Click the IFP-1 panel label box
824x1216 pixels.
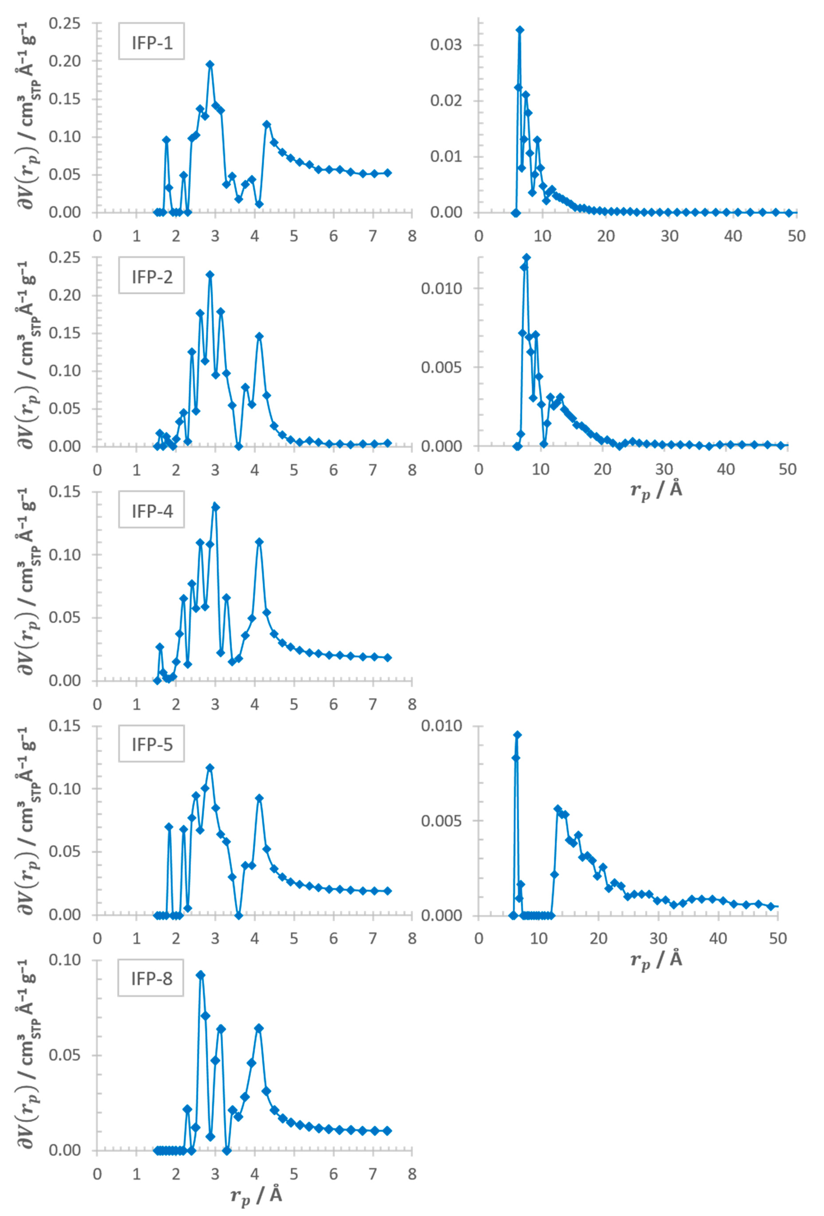pos(151,41)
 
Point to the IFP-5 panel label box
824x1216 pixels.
pos(151,744)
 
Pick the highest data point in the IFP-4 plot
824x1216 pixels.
pos(215,506)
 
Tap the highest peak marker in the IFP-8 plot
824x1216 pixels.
pos(200,975)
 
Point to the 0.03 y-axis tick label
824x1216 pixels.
pos(446,45)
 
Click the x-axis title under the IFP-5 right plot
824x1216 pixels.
pos(656,959)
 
